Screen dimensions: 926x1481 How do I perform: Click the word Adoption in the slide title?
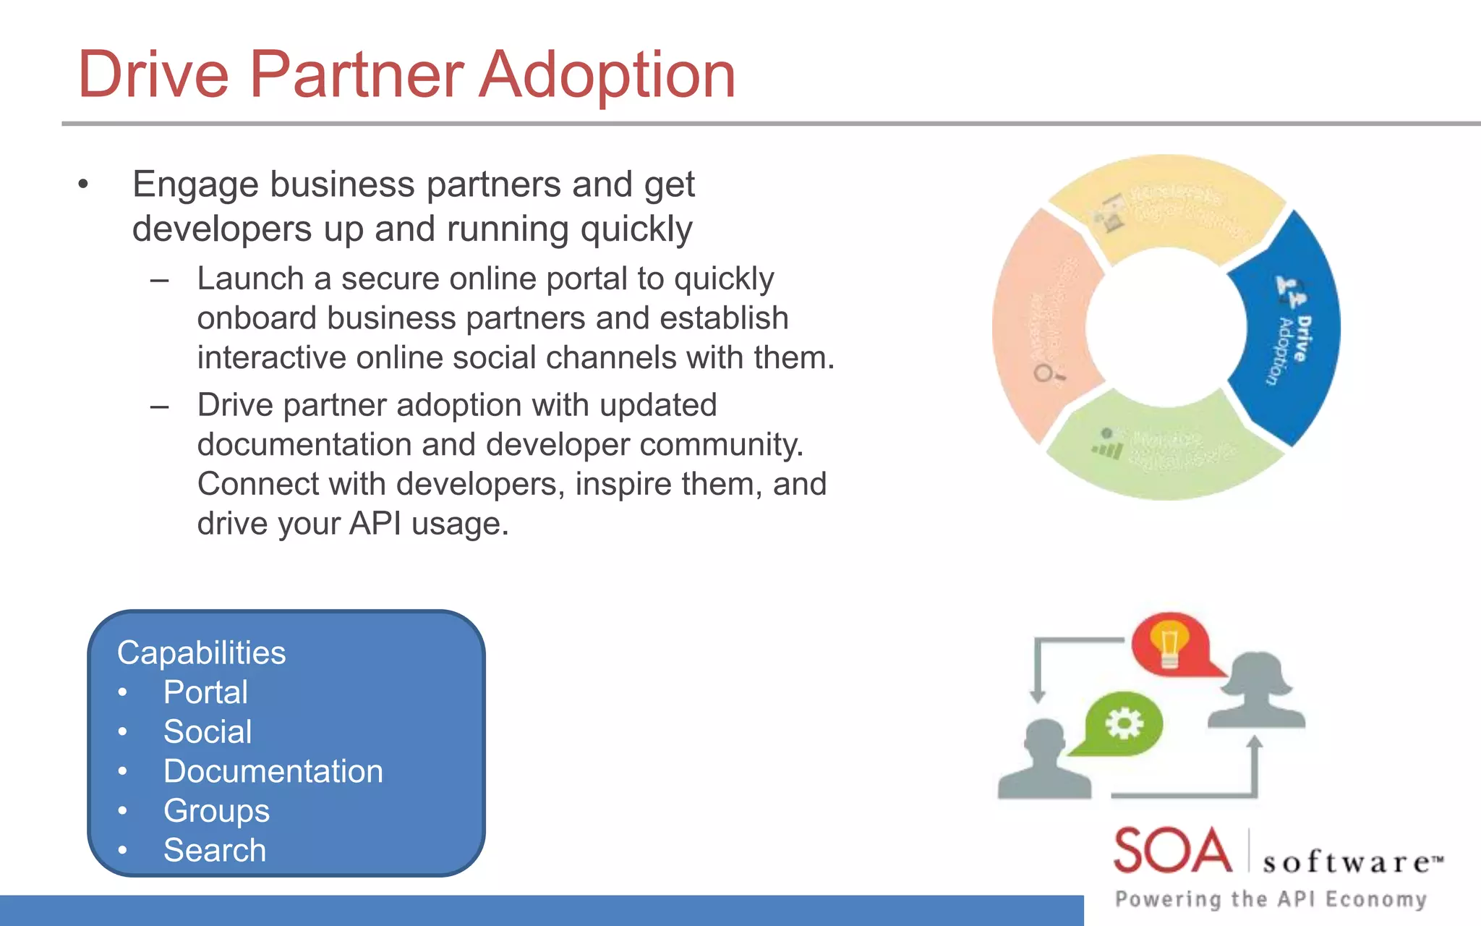click(607, 75)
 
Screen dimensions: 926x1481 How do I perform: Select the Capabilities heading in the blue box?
click(201, 653)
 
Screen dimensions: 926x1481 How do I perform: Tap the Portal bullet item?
click(205, 692)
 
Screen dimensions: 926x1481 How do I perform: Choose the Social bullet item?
click(208, 731)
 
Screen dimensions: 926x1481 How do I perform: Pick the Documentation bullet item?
click(273, 771)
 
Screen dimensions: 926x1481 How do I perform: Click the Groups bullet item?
click(216, 811)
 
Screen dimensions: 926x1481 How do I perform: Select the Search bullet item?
click(215, 850)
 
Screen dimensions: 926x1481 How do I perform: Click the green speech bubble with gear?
click(1123, 723)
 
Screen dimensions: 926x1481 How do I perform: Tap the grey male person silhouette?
click(1045, 760)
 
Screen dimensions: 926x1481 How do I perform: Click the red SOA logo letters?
click(1171, 851)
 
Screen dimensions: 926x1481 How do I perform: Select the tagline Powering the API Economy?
click(1271, 899)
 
